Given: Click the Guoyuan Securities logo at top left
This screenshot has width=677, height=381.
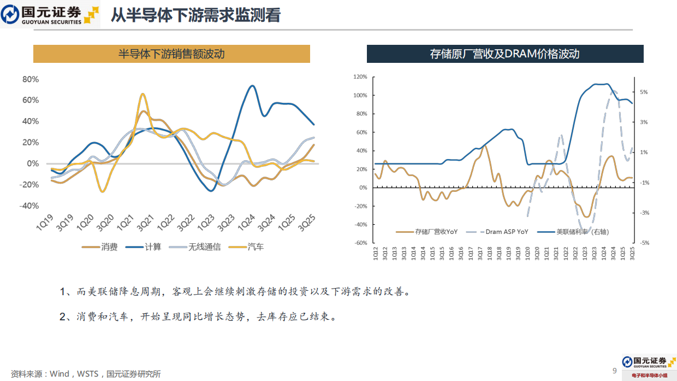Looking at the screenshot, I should click(50, 15).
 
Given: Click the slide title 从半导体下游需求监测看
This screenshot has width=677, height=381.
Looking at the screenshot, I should click(195, 15).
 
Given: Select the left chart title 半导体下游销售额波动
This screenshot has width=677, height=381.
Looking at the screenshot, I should click(171, 54).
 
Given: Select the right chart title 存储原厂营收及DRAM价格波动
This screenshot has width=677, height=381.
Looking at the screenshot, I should click(504, 54).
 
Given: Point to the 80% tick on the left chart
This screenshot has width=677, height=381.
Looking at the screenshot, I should click(31, 79).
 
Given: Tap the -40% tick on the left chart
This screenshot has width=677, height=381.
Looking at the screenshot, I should click(29, 206).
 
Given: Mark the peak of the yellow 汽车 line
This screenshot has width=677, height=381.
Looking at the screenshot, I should click(142, 94).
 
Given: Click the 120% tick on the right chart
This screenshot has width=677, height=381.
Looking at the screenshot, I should click(360, 77).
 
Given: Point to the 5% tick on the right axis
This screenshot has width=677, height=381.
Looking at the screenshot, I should click(644, 92).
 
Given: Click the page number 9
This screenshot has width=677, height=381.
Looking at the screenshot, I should click(614, 371).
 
